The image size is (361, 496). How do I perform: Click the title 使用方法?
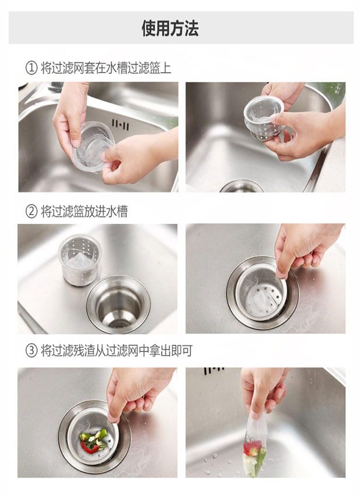[170, 28]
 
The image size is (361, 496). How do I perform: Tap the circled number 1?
[31, 68]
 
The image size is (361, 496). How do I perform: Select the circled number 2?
[31, 211]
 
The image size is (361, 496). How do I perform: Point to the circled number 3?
[31, 351]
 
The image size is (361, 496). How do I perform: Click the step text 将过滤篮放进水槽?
[84, 211]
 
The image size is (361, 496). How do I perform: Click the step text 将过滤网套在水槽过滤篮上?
[106, 68]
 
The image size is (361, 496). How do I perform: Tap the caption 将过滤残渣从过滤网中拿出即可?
[116, 351]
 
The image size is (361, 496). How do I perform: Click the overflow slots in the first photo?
[120, 124]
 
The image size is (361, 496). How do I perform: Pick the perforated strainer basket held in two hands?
[263, 117]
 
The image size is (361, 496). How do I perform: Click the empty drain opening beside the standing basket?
[118, 304]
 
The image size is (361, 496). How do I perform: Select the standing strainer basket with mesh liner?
[80, 260]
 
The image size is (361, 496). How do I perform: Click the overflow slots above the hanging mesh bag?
[214, 371]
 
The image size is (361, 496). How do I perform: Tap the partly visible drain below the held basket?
[242, 186]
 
